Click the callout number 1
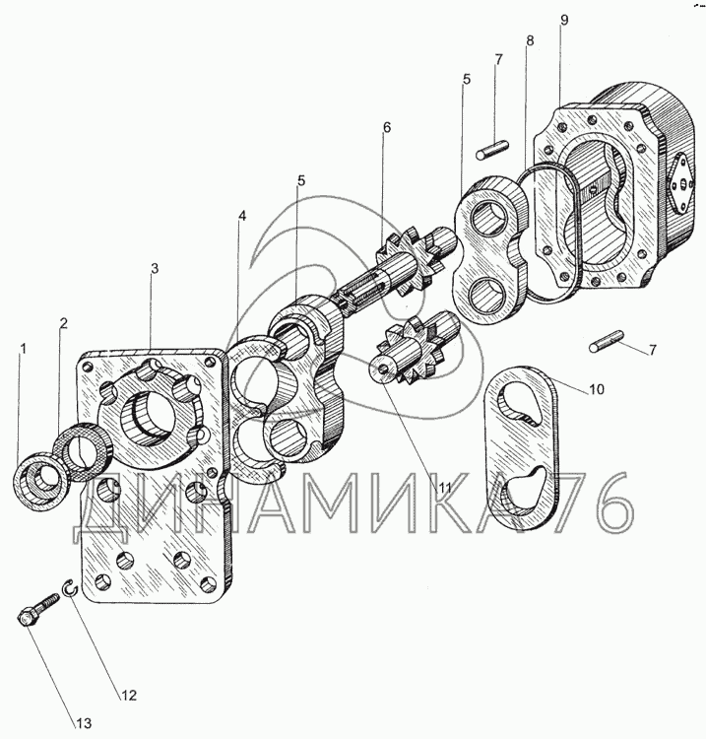24,348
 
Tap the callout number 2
63,323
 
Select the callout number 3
155,268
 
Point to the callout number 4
242,215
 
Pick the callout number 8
531,41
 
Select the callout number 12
127,696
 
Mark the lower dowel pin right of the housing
609,344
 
